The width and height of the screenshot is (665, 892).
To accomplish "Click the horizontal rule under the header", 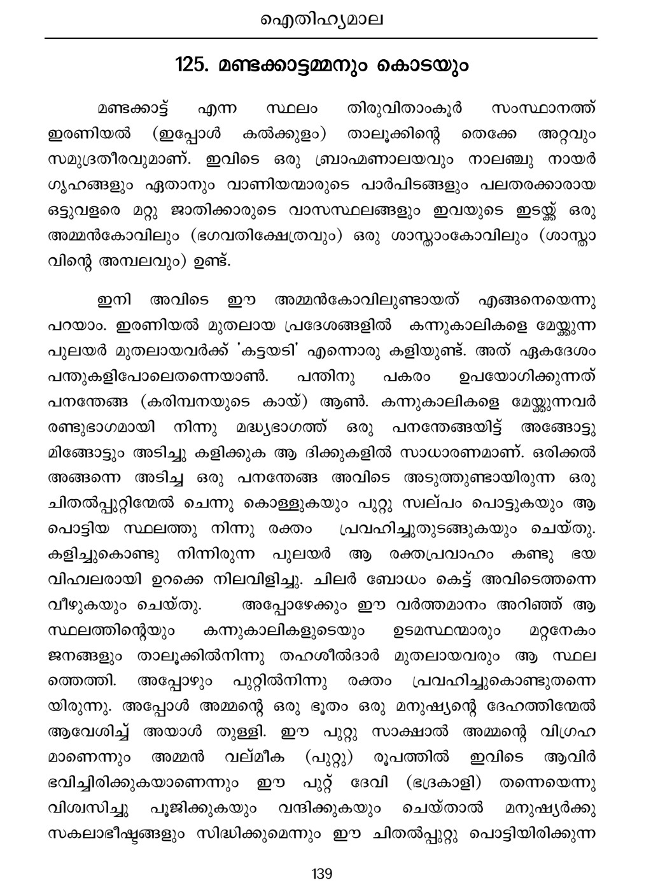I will coord(321,39).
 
